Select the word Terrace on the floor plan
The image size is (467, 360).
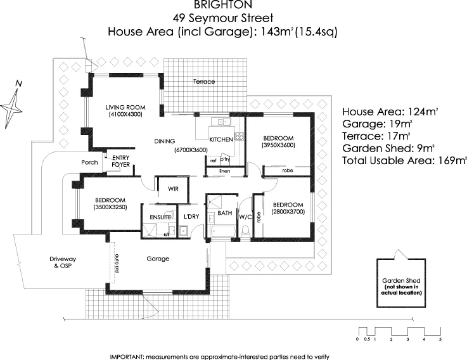pyautogui.click(x=204, y=82)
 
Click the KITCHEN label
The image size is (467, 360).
pyautogui.click(x=222, y=140)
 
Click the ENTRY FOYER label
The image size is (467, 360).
pyautogui.click(x=120, y=161)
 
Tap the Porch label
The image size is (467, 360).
pyautogui.click(x=89, y=163)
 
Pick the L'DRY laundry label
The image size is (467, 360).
pyautogui.click(x=191, y=217)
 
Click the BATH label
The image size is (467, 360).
pyautogui.click(x=225, y=214)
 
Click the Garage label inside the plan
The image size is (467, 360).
pyautogui.click(x=157, y=259)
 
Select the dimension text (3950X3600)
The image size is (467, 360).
pyautogui.click(x=278, y=145)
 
